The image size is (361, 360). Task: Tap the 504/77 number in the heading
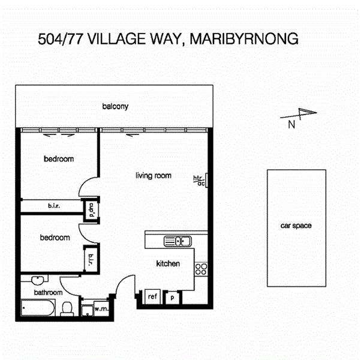click(61, 40)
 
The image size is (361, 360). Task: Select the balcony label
click(115, 106)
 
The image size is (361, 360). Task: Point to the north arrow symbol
click(306, 114)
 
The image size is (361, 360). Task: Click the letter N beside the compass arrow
click(291, 125)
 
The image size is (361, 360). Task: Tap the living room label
click(153, 176)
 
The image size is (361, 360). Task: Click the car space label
click(296, 226)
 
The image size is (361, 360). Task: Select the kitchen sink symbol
click(178, 242)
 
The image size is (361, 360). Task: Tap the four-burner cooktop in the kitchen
click(201, 270)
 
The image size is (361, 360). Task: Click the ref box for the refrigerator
click(152, 296)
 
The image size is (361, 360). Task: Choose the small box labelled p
click(172, 296)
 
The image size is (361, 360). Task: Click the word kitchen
click(168, 263)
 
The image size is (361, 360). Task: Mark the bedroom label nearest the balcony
click(59, 159)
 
